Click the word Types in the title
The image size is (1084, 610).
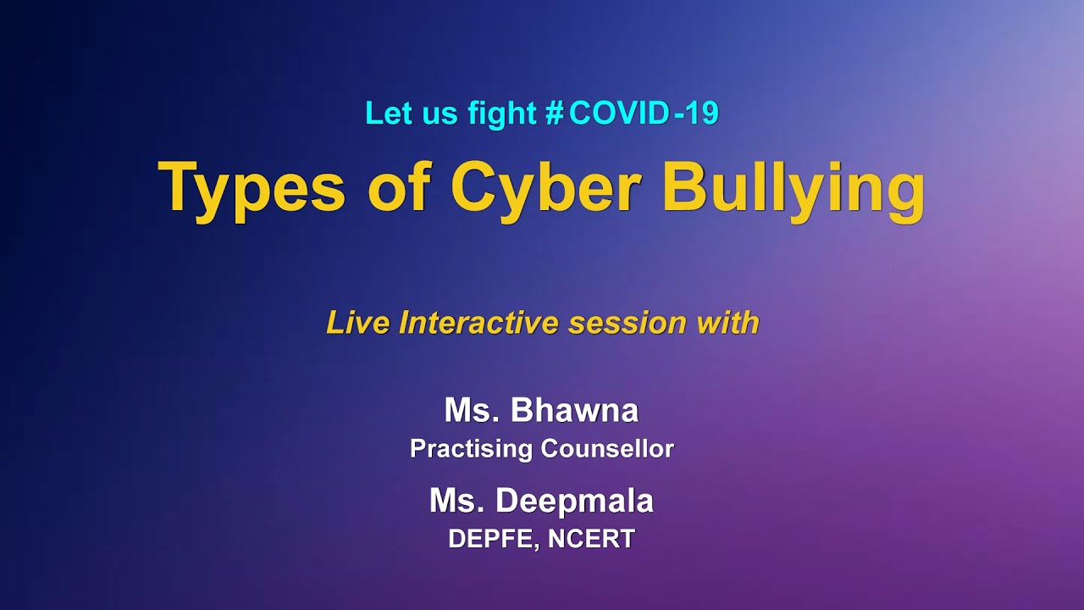click(x=252, y=188)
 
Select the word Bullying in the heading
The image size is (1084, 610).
click(x=793, y=188)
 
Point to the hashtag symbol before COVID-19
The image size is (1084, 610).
click(x=554, y=113)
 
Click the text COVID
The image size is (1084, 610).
click(x=619, y=113)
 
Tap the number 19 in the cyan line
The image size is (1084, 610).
click(x=703, y=113)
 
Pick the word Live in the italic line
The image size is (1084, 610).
click(x=358, y=323)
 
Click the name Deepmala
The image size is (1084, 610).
click(x=574, y=501)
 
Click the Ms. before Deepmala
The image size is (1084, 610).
click(x=457, y=501)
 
